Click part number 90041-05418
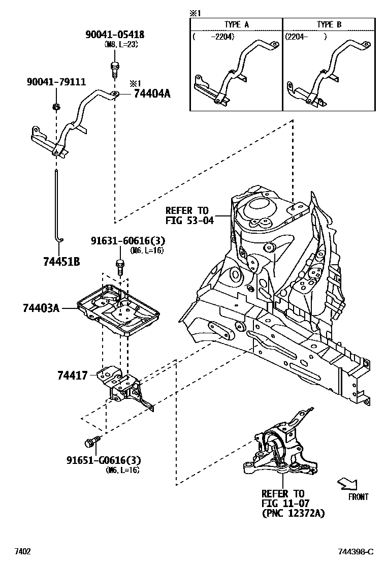(114, 35)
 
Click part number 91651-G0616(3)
(104, 460)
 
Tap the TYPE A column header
(236, 24)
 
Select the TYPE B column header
(329, 24)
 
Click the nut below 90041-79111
(55, 106)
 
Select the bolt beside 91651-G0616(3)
(92, 442)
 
